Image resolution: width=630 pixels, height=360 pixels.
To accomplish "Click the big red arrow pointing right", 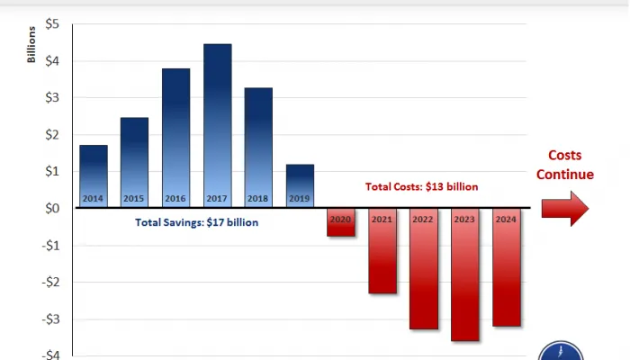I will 565,209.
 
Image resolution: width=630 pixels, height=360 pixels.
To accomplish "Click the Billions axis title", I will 32,46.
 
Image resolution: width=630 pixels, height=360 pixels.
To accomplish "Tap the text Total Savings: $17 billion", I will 196,222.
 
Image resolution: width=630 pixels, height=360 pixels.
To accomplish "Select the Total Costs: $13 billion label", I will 421,187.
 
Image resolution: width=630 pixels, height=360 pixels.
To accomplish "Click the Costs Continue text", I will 565,166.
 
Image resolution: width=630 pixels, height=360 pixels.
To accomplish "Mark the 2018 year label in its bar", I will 258,199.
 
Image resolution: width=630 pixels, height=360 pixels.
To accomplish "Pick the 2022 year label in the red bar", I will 424,219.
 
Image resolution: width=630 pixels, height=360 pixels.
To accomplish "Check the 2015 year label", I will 134,199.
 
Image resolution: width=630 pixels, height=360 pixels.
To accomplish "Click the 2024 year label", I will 507,219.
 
